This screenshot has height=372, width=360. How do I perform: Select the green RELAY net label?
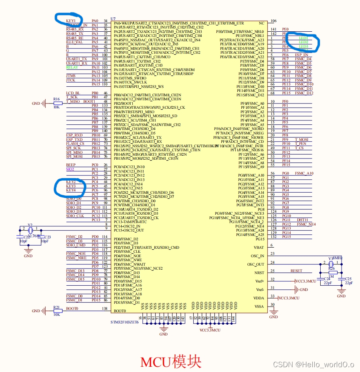coord(72,67)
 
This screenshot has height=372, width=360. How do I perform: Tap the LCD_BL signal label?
coord(73,93)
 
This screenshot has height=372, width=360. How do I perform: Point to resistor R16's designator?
coord(57,99)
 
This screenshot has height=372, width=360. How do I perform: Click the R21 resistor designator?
coord(57,307)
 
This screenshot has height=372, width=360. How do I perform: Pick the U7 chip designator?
coord(113,19)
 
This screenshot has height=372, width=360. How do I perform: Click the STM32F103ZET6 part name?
coord(125,322)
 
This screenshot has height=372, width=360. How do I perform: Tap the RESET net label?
coord(296,271)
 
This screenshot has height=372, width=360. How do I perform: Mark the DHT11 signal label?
coord(302,220)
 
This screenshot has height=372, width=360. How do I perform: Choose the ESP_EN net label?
coord(301,55)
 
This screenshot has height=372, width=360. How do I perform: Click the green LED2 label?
coord(303,42)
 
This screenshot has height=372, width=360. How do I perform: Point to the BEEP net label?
coord(71,165)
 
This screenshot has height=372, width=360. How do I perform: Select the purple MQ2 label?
coord(70,169)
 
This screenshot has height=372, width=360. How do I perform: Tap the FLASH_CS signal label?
coord(75,144)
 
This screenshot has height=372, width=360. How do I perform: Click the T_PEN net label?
coord(301,144)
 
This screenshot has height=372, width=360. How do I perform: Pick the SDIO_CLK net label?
coord(75,216)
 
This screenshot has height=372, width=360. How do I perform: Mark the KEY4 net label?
coord(71,190)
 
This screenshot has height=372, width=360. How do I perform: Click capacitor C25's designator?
coord(348,278)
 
